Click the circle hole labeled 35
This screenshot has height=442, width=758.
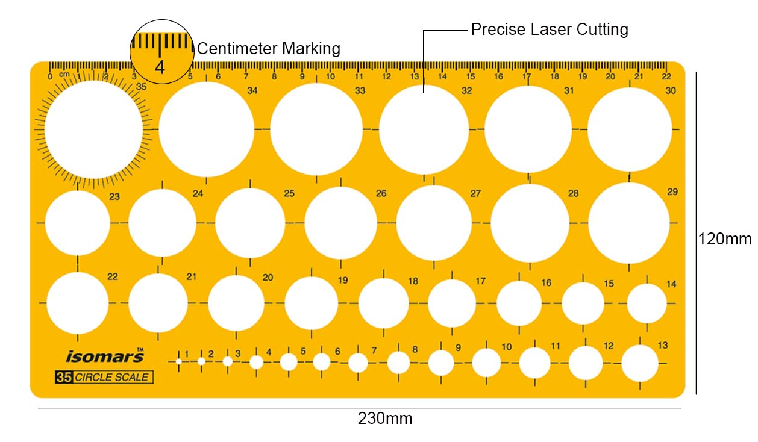click(x=93, y=129)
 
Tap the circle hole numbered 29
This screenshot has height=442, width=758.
click(x=628, y=223)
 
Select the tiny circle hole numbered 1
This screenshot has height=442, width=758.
click(x=179, y=361)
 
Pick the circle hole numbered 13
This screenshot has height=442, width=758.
click(x=640, y=363)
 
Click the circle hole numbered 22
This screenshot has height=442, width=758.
click(x=78, y=303)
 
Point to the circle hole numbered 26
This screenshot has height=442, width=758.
click(x=340, y=223)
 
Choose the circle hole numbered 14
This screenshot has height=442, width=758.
click(x=647, y=303)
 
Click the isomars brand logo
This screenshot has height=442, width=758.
click(x=105, y=356)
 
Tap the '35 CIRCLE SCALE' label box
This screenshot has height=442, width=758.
click(x=104, y=377)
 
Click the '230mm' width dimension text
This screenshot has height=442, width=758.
click(x=385, y=419)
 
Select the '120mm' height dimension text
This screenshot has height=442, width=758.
click(x=725, y=239)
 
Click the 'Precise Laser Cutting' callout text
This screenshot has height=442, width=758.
click(x=550, y=30)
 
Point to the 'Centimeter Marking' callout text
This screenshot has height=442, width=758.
click(x=269, y=49)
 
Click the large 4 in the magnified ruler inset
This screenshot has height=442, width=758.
click(x=160, y=67)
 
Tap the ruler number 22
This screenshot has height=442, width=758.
click(x=666, y=76)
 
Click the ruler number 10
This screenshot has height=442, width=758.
click(x=331, y=76)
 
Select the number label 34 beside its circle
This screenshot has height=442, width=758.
click(x=252, y=91)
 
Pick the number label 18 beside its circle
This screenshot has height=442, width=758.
click(x=413, y=281)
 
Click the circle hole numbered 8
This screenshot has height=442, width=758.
click(x=398, y=363)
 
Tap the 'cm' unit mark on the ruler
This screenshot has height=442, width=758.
click(x=64, y=75)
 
